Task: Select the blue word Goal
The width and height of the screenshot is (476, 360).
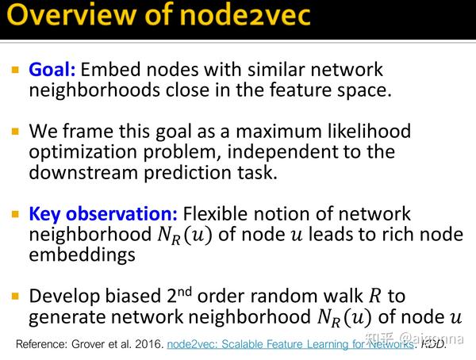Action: tap(52, 69)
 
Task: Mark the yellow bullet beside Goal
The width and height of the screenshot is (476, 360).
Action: tap(15, 70)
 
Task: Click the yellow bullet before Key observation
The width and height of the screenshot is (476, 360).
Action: tap(15, 214)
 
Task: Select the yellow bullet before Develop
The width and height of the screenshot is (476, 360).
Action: tap(15, 297)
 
